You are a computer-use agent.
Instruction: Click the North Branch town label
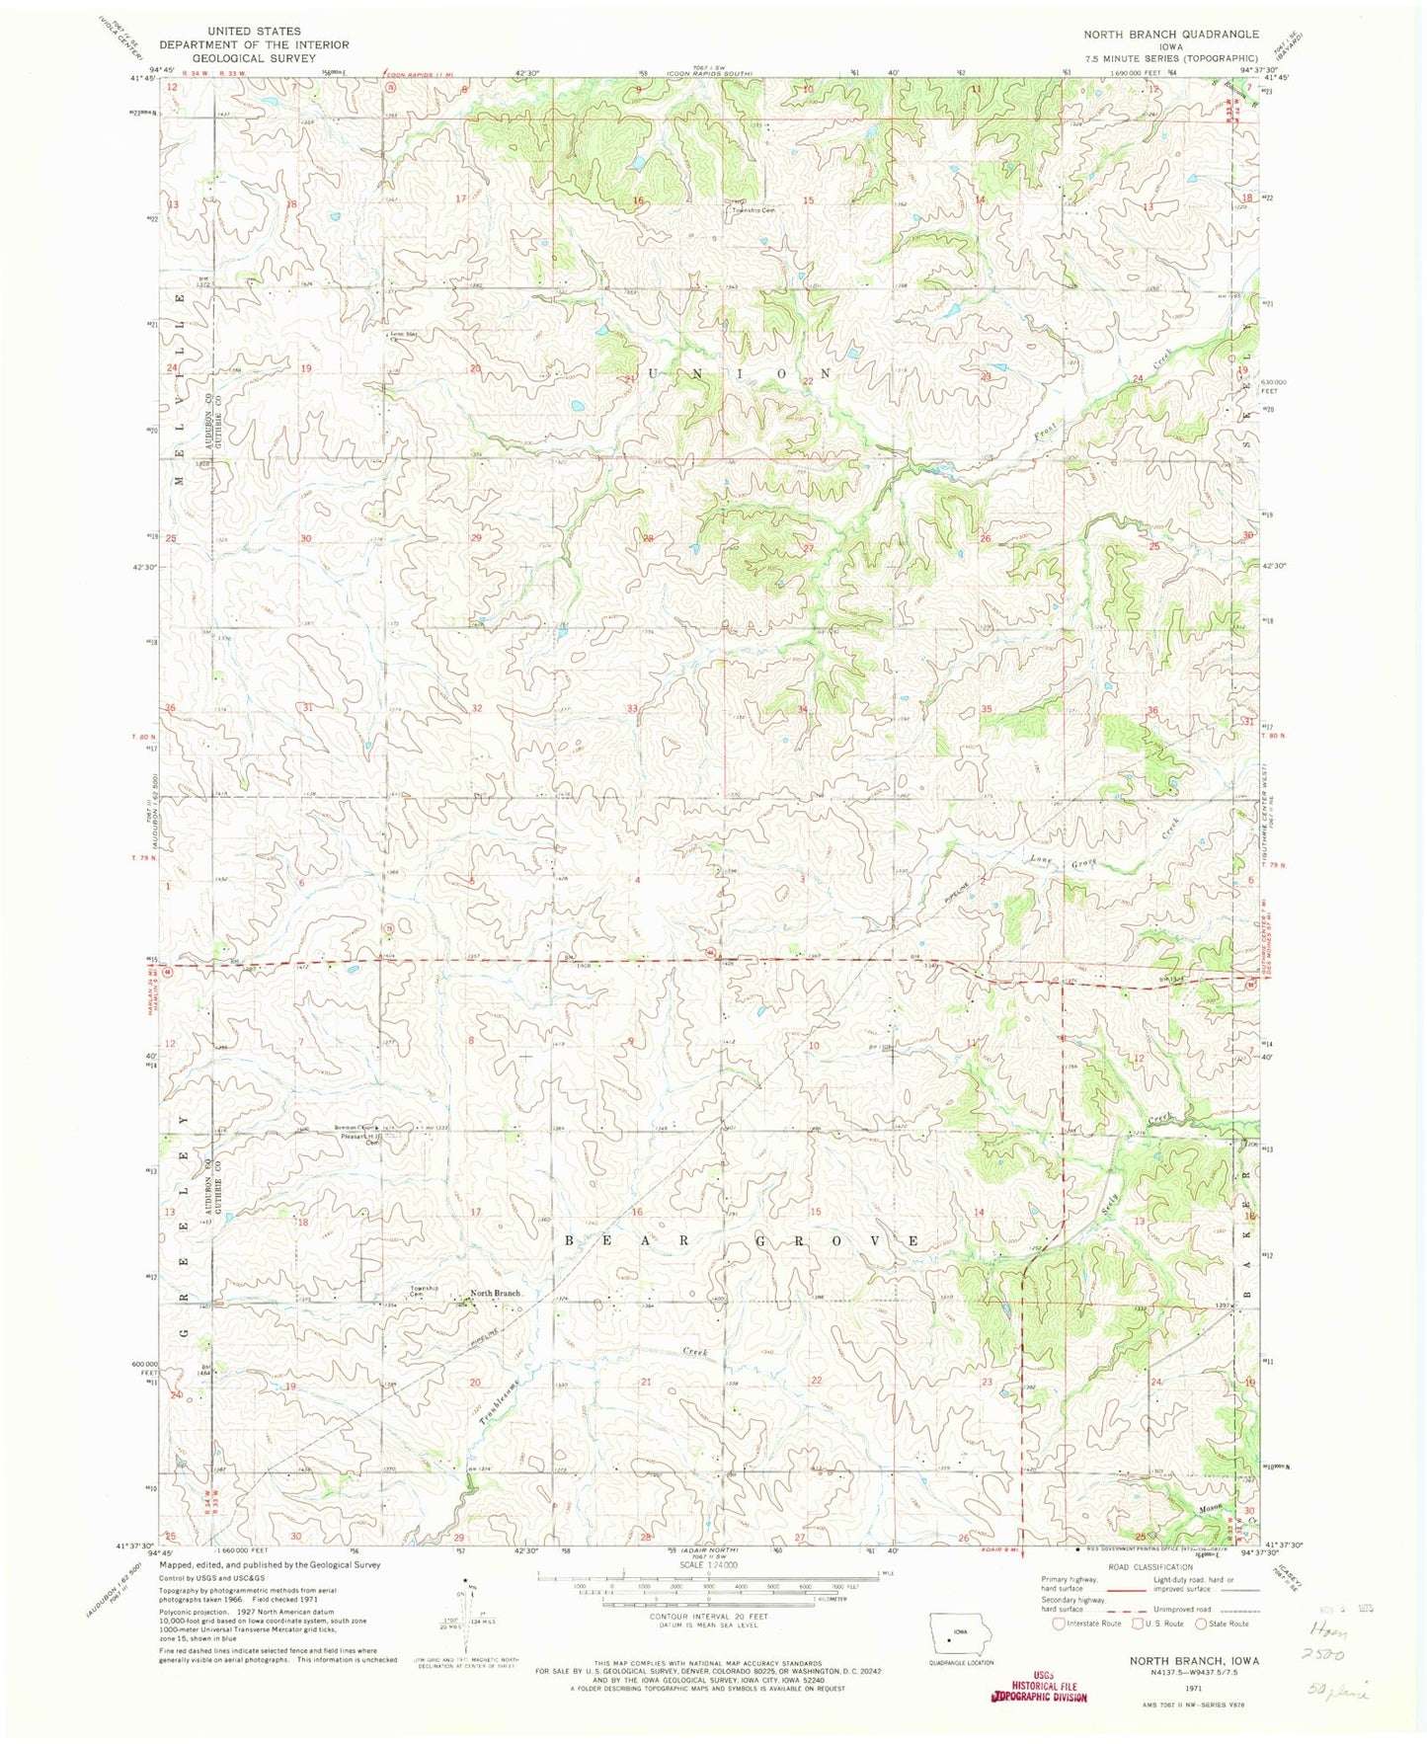point(495,1293)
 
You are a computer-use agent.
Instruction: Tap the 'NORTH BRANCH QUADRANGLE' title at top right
point(1171,34)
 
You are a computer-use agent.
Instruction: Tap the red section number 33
point(632,708)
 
